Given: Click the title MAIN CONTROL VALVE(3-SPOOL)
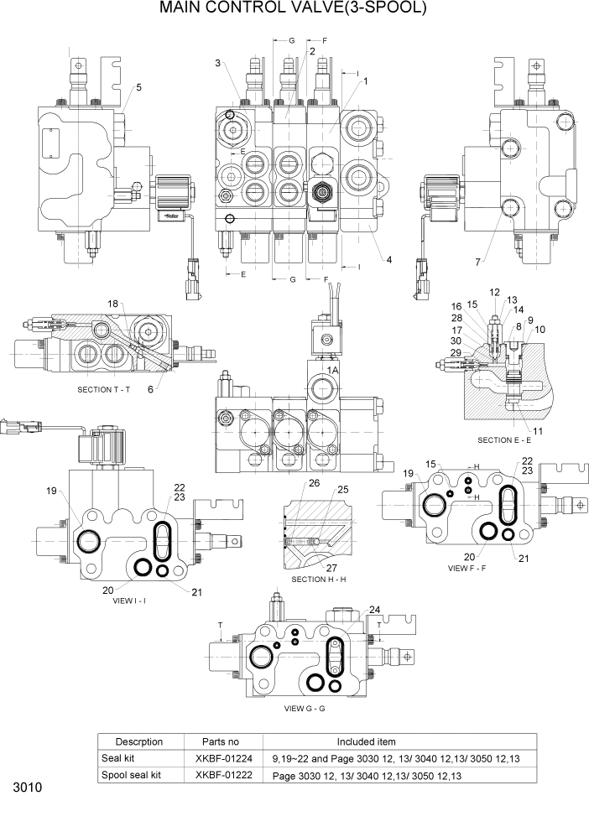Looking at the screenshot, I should (x=294, y=10).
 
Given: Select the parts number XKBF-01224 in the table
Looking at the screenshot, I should (x=222, y=758).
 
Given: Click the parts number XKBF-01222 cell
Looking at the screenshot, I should (x=222, y=775).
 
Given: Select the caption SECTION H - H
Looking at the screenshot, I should (x=320, y=580).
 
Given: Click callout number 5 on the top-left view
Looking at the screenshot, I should (x=138, y=87).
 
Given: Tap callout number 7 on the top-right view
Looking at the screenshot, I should (x=477, y=262).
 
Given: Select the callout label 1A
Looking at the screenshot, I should (x=332, y=369).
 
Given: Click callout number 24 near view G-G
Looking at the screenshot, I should (x=374, y=610).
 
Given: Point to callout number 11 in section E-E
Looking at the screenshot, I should (x=538, y=431).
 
